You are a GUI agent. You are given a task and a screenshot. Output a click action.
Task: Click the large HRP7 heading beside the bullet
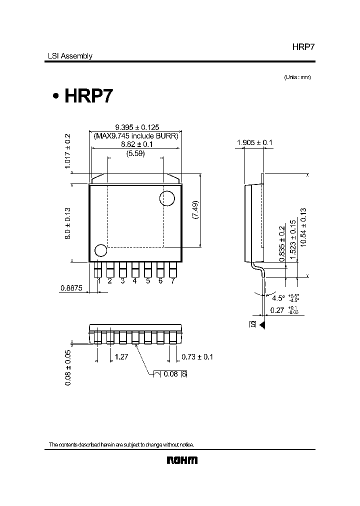pyautogui.click(x=89, y=95)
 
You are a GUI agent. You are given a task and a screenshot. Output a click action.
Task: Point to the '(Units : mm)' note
pyautogui.click(x=297, y=77)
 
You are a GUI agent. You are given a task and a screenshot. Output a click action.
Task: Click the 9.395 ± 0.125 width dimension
pyautogui.click(x=136, y=127)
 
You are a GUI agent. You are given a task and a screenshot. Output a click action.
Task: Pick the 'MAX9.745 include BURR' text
pyautogui.click(x=136, y=136)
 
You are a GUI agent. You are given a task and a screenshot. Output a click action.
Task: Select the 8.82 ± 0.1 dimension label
pyautogui.click(x=136, y=144)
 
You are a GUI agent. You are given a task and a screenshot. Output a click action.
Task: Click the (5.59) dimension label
pyautogui.click(x=135, y=153)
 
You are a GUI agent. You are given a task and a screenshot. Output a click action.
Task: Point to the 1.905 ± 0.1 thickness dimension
pyautogui.click(x=254, y=143)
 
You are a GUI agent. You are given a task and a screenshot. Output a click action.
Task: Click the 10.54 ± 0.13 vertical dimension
pyautogui.click(x=303, y=226)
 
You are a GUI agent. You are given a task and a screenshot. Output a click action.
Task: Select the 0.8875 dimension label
pyautogui.click(x=71, y=287)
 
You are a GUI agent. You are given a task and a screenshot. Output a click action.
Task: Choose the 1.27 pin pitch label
pyautogui.click(x=122, y=357)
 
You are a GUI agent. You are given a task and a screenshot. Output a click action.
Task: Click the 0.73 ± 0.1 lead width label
pyautogui.click(x=197, y=357)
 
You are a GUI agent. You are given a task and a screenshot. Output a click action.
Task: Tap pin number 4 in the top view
pyautogui.click(x=135, y=281)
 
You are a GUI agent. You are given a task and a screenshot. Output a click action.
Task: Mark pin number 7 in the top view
pyautogui.click(x=173, y=281)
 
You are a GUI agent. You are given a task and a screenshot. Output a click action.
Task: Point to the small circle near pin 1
pyautogui.click(x=100, y=250)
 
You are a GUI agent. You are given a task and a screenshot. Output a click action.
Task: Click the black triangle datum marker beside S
pyautogui.click(x=261, y=324)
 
